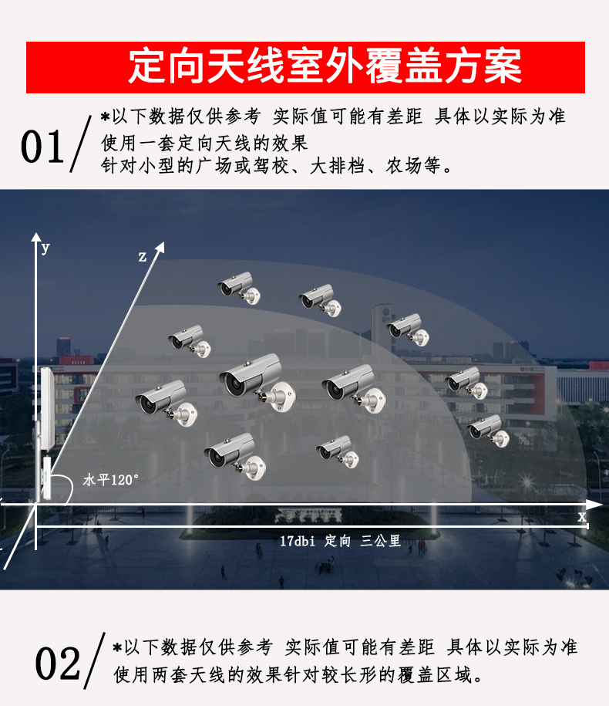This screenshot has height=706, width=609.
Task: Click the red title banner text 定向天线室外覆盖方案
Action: click(x=325, y=66)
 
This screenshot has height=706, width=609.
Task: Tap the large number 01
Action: click(x=42, y=147)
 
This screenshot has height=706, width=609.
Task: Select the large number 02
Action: click(x=58, y=664)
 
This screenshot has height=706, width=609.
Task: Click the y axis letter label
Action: click(x=45, y=248)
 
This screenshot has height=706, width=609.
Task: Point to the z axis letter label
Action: click(x=143, y=257)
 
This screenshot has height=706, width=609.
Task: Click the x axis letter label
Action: click(x=582, y=516)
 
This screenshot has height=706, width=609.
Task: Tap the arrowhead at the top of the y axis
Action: click(x=36, y=237)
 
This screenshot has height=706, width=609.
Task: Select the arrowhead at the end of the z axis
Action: click(x=160, y=247)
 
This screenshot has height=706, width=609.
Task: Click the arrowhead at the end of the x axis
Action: click(x=594, y=505)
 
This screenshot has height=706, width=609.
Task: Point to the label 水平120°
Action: click(x=111, y=480)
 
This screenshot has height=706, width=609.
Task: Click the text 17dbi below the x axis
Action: click(x=298, y=541)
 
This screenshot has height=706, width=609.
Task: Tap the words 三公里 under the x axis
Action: click(x=380, y=541)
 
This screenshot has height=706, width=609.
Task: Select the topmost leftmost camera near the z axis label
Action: click(x=239, y=287)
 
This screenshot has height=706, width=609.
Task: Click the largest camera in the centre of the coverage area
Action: click(x=257, y=382)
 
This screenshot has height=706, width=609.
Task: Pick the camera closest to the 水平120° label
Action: click(x=166, y=403)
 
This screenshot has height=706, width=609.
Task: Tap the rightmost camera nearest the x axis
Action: click(x=488, y=431)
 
